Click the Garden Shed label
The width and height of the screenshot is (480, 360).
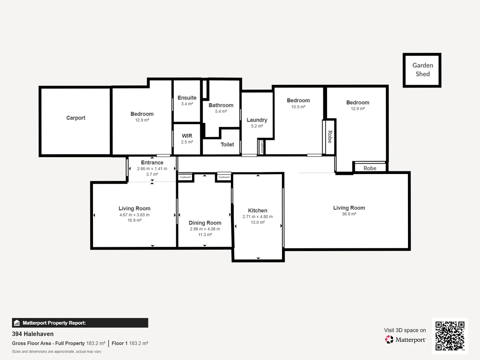pos(422,70)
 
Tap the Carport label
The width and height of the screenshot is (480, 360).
pos(76,118)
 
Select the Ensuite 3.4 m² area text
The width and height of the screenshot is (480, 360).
pos(187,104)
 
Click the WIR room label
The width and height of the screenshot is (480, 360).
pos(187,136)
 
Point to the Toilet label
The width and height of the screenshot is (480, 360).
pos(227,144)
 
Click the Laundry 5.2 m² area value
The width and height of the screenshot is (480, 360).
pos(257,126)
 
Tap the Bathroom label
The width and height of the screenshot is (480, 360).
pos(221,105)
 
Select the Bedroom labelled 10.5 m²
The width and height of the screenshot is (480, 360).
pos(298,100)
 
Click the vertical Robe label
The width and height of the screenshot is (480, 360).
pos(330,137)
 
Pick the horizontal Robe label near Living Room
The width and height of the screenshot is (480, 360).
pos(370,168)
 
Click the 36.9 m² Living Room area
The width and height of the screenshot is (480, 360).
pos(349,214)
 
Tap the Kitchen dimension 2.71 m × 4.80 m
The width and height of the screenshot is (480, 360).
pos(258,217)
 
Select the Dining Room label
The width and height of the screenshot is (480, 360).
pos(205,223)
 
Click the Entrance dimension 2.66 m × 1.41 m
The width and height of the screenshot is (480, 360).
pos(152,169)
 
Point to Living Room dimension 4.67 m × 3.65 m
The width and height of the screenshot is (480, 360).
pos(134,215)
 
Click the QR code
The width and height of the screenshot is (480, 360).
pos(450,336)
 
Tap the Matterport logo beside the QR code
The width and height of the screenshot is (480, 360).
pos(406,340)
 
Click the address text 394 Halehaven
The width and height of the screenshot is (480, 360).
pos(33,334)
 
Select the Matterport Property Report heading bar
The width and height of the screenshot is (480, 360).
pos(80,323)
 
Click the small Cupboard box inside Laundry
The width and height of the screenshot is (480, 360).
pos(262,147)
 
